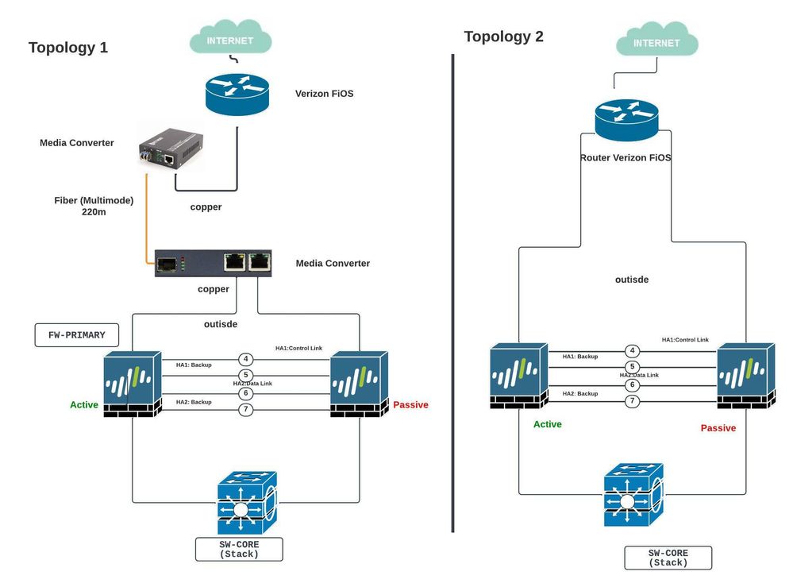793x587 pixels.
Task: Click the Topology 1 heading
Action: click(68, 48)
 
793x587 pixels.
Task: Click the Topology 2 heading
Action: click(503, 37)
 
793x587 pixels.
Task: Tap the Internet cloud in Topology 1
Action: click(230, 39)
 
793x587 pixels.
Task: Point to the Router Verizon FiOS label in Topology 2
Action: click(626, 158)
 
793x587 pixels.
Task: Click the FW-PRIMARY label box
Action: click(76, 335)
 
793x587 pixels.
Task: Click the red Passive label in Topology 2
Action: click(718, 428)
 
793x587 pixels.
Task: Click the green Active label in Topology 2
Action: click(548, 424)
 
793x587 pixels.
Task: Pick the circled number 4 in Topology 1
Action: click(246, 359)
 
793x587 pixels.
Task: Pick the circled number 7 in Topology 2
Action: click(633, 401)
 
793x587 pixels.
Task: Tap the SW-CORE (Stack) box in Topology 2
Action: click(668, 558)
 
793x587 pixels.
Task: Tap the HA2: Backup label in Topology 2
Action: click(580, 394)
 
